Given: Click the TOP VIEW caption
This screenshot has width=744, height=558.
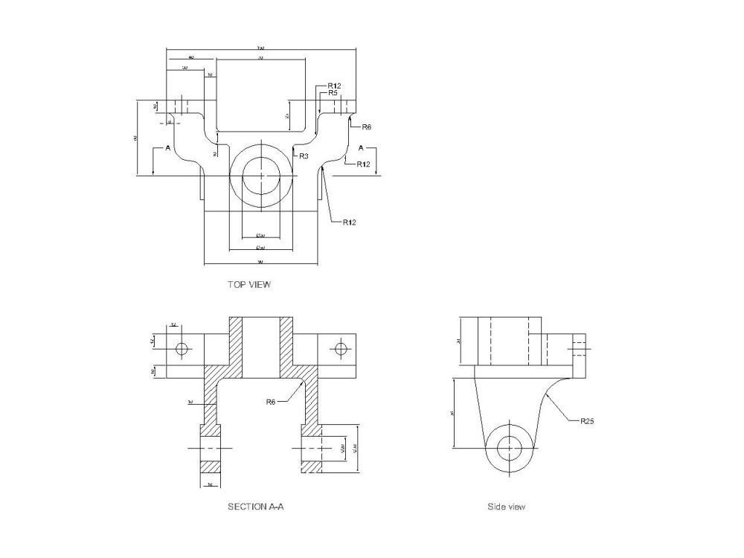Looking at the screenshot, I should coord(249,284).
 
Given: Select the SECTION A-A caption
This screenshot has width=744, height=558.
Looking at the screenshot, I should coord(255,507).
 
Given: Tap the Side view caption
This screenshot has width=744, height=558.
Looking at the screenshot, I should coord(506,507).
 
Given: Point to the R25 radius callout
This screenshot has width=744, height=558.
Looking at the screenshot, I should coord(587,421).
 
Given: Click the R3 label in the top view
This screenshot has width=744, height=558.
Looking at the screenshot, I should coord(304,157).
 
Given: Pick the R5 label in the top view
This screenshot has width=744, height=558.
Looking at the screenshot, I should coord(333,94).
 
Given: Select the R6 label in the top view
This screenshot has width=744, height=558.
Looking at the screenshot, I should coord(365,127).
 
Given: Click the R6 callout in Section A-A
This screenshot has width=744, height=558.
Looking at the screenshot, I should coord(272,402).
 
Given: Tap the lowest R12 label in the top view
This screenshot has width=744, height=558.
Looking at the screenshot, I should coord(350,222).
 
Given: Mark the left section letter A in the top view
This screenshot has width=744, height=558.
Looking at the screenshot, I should coord(168,148).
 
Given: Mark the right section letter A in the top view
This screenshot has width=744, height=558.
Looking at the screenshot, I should coord(362,148).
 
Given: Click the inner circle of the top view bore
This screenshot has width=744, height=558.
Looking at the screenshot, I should coord(260,176).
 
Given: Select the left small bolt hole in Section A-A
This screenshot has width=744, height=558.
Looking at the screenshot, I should coord(182,349).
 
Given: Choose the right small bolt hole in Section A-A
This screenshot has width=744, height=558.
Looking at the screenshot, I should coord(341,349).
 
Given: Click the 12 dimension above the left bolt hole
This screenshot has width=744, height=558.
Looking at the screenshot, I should coord(173,325).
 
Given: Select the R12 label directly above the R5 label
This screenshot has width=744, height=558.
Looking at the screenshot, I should coord(334,86).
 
